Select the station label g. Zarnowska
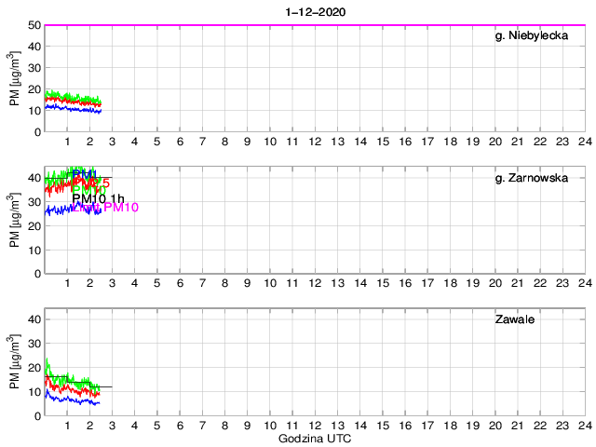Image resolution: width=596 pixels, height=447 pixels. (x=531, y=178)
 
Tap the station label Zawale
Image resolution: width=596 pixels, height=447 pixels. (x=513, y=319)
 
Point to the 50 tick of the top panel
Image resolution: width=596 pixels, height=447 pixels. (x=34, y=25)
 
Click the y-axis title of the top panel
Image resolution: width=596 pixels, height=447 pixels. (x=14, y=78)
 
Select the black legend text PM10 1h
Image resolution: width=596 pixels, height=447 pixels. (x=99, y=198)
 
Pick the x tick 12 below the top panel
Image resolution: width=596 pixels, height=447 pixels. (x=315, y=142)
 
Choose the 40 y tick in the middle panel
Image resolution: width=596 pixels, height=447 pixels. (x=34, y=178)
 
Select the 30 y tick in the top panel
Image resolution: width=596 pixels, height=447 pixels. (x=34, y=68)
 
